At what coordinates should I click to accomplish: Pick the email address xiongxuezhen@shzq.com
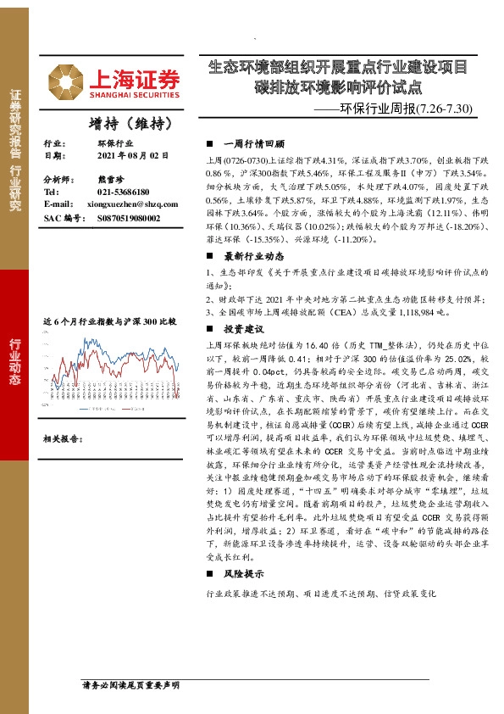131,205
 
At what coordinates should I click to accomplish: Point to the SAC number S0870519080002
124,218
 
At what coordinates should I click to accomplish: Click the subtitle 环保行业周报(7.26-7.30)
416,109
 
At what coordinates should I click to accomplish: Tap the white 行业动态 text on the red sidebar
14,361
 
